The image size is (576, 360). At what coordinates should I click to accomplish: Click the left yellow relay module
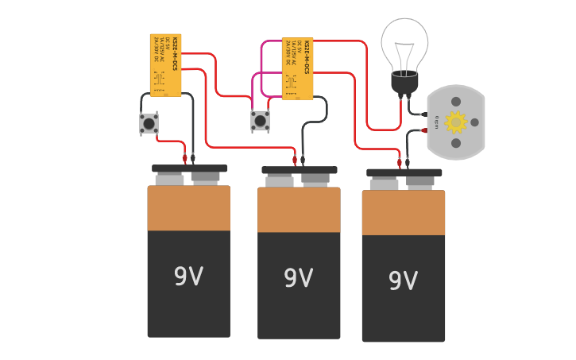pyautogui.click(x=165, y=64)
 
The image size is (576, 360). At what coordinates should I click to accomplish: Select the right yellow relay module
pyautogui.click(x=298, y=68)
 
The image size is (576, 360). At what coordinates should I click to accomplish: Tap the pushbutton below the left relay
pyautogui.click(x=149, y=123)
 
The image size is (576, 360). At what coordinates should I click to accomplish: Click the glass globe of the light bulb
pyautogui.click(x=404, y=41)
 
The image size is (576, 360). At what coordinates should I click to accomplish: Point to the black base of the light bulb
pyautogui.click(x=404, y=82)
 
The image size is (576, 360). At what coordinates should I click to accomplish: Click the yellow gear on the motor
pyautogui.click(x=455, y=122)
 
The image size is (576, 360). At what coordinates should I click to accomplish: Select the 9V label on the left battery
pyautogui.click(x=188, y=277)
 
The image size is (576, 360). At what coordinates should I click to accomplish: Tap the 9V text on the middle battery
pyautogui.click(x=298, y=278)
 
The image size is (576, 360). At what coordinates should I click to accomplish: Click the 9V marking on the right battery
pyautogui.click(x=403, y=281)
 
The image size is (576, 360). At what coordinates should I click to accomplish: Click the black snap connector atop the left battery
pyautogui.click(x=189, y=168)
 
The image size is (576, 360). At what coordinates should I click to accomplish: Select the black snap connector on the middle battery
pyautogui.click(x=299, y=170)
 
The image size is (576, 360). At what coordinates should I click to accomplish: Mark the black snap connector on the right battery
pyautogui.click(x=404, y=172)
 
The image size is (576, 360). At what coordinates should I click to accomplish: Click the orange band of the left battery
pyautogui.click(x=188, y=208)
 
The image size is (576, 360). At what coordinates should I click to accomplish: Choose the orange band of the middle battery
pyautogui.click(x=299, y=210)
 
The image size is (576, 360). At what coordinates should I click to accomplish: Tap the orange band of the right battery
pyautogui.click(x=403, y=213)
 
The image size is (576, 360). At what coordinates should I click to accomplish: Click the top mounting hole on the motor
pyautogui.click(x=456, y=102)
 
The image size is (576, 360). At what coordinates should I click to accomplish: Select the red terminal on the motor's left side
pyautogui.click(x=423, y=130)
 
